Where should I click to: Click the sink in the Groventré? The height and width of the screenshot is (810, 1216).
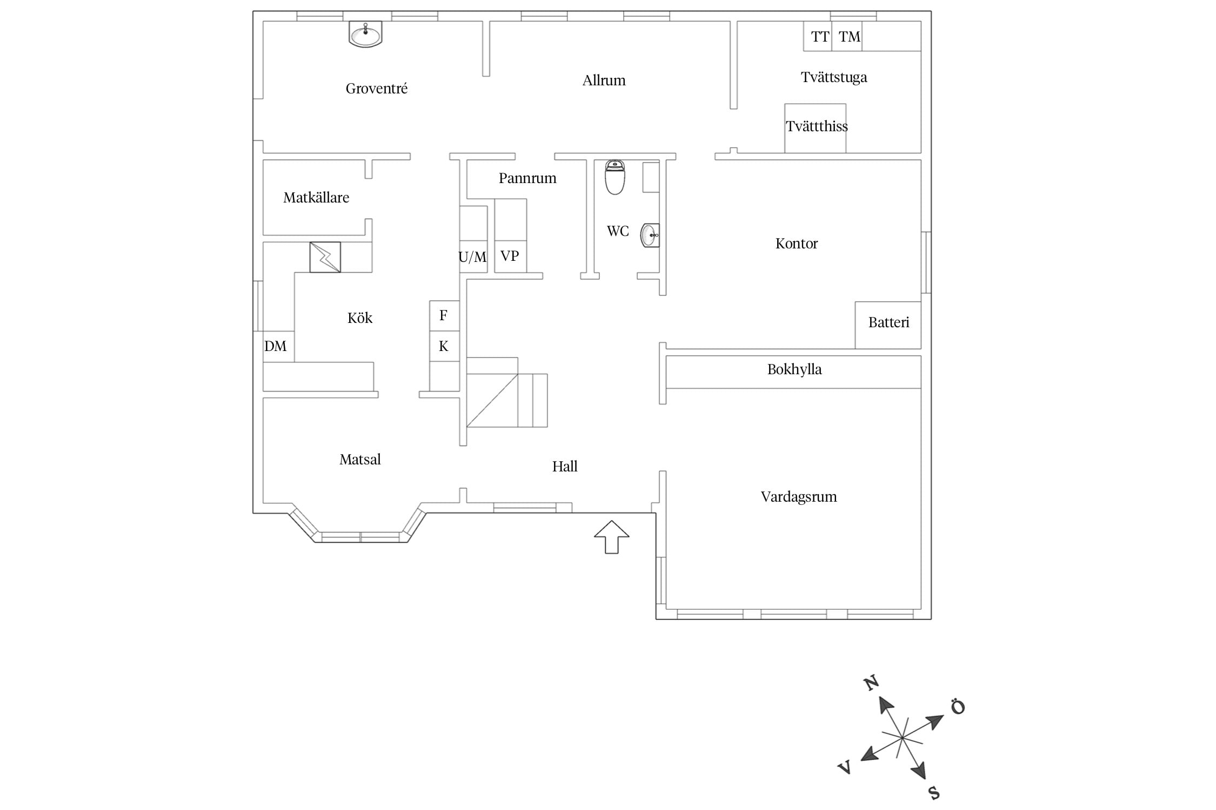click(x=365, y=34)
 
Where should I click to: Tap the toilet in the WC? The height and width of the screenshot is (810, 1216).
click(x=615, y=177)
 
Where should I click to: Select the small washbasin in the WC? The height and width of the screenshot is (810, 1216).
click(x=650, y=235)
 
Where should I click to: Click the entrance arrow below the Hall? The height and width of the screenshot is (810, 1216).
click(x=612, y=537)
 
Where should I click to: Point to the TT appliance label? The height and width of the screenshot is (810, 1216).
click(x=820, y=37)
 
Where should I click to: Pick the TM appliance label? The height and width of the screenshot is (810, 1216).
click(x=850, y=37)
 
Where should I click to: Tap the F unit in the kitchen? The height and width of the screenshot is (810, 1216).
click(x=444, y=315)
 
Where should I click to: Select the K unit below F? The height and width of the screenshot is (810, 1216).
click(x=444, y=346)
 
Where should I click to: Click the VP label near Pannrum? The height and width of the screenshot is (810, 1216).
click(x=510, y=255)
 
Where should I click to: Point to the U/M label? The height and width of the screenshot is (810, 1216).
click(x=472, y=257)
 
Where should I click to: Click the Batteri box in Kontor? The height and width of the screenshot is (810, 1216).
click(x=888, y=325)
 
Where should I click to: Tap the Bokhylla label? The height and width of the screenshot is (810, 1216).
click(x=794, y=369)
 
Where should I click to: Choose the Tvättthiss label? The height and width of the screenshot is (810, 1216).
click(x=817, y=126)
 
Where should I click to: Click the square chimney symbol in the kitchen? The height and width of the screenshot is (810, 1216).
click(x=325, y=257)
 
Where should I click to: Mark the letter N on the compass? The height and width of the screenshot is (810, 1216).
click(x=871, y=683)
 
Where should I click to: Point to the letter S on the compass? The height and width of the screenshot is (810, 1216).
click(x=934, y=793)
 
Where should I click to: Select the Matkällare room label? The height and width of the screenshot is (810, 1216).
click(x=316, y=198)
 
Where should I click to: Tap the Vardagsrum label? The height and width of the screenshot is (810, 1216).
click(x=799, y=497)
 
